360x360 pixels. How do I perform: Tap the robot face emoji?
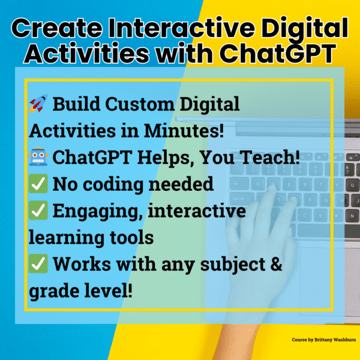[37, 158]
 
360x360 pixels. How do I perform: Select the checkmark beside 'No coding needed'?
[37, 184]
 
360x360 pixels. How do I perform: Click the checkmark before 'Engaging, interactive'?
[37, 211]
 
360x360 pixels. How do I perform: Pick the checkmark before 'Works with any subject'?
[37, 265]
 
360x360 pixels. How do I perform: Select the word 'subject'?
[221, 265]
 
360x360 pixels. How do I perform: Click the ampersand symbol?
[275, 264]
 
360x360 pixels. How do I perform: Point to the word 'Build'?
[75, 105]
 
